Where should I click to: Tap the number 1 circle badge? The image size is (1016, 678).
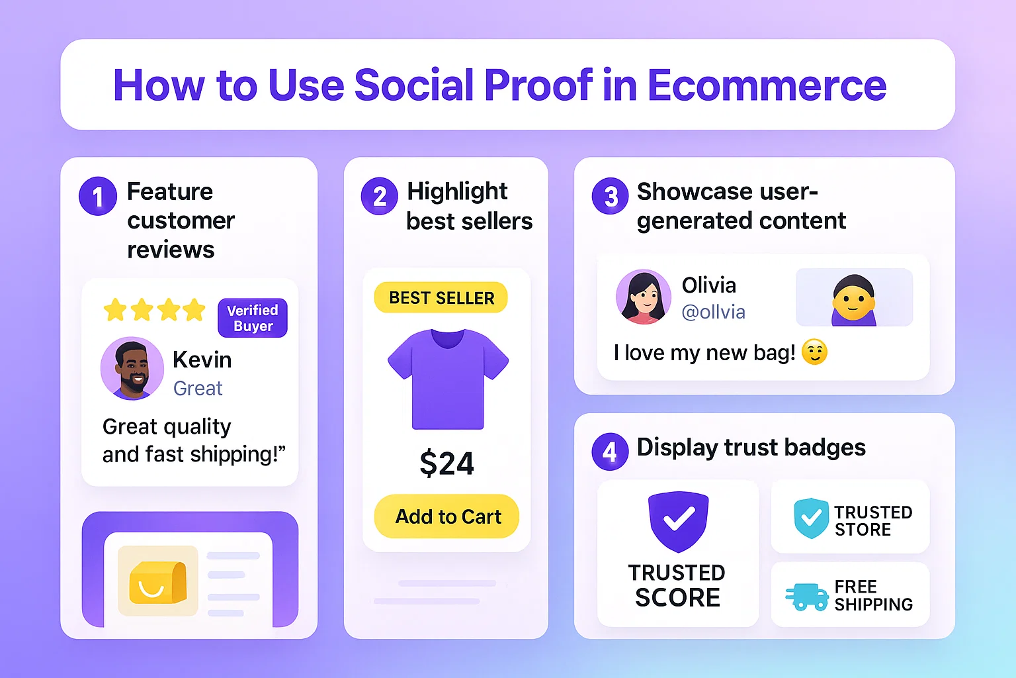98,197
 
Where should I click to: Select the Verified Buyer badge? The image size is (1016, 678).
253,318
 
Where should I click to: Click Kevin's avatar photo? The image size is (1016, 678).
132,368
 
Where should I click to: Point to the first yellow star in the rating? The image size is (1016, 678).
115,310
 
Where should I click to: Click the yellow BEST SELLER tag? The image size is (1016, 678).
441,298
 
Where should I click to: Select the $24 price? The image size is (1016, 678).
446,463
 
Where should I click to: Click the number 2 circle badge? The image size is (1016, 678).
380,197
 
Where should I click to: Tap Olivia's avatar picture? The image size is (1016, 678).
643,297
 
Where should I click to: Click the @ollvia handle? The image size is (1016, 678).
713,312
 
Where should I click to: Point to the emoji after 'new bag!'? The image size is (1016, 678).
814,352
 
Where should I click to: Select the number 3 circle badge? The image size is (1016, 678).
610,197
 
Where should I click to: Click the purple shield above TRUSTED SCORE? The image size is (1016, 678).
678,521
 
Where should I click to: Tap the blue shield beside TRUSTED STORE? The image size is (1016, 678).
811,518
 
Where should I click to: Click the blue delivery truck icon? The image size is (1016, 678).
807,596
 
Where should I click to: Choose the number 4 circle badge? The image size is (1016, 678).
610,452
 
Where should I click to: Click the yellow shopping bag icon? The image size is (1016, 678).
157,581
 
